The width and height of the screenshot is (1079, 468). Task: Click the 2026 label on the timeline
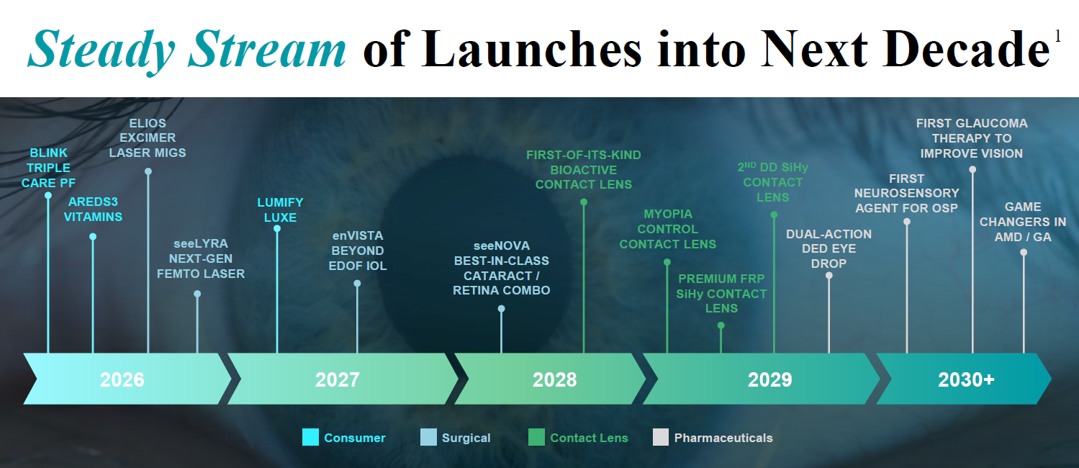pyautogui.click(x=122, y=379)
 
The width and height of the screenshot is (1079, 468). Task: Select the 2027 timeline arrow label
pyautogui.click(x=337, y=379)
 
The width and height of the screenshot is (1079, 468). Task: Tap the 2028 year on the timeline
pyautogui.click(x=554, y=379)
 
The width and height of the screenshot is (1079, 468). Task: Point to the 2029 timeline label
pyautogui.click(x=769, y=379)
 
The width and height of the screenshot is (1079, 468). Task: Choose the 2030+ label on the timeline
pyautogui.click(x=966, y=379)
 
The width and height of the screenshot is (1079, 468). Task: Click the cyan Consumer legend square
pyautogui.click(x=310, y=437)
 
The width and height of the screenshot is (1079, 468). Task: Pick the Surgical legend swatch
pyautogui.click(x=428, y=437)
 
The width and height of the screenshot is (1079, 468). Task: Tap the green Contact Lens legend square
pyautogui.click(x=536, y=437)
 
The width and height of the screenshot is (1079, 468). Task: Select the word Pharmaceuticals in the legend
pyautogui.click(x=723, y=438)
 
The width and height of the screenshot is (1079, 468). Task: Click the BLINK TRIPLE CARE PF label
pyautogui.click(x=48, y=168)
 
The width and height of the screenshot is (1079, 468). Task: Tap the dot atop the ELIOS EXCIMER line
pyautogui.click(x=148, y=171)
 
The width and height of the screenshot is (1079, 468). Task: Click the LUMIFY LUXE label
pyautogui.click(x=280, y=210)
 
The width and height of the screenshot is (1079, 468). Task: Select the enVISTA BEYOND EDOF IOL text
pyautogui.click(x=358, y=251)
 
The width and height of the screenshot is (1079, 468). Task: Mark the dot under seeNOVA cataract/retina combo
pyautogui.click(x=502, y=309)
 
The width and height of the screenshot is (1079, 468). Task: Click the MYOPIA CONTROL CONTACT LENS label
pyautogui.click(x=668, y=229)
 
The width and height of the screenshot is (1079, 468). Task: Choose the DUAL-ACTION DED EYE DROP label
pyautogui.click(x=829, y=248)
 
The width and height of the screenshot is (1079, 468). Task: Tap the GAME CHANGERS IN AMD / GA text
pyautogui.click(x=1023, y=222)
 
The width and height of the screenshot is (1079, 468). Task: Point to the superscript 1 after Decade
pyautogui.click(x=1057, y=36)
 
